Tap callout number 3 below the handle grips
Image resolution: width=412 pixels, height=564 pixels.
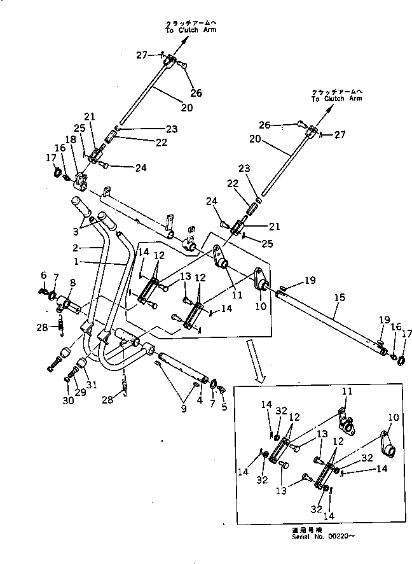click(76, 230)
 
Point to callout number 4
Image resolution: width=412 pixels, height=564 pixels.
click(200, 401)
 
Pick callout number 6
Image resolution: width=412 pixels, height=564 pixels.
click(43, 274)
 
